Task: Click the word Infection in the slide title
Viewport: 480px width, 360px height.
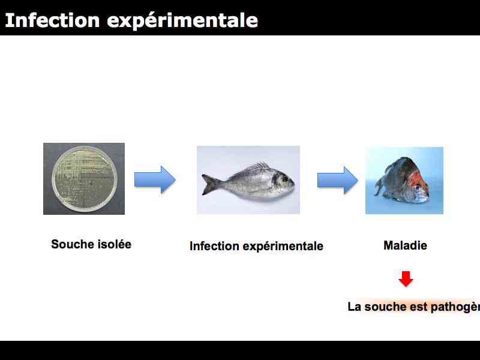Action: pyautogui.click(x=52, y=20)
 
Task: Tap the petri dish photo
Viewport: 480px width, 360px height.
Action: pyautogui.click(x=84, y=179)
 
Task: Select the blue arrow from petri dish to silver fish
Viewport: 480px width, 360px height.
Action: pyautogui.click(x=155, y=179)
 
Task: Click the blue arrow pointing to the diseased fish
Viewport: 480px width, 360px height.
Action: pyautogui.click(x=337, y=180)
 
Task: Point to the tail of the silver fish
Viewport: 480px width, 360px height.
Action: pyautogui.click(x=209, y=184)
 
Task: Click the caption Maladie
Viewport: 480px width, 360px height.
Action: pyautogui.click(x=405, y=245)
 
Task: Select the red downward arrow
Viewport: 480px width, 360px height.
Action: pyautogui.click(x=406, y=279)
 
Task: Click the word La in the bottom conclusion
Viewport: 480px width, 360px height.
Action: pyautogui.click(x=355, y=307)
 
